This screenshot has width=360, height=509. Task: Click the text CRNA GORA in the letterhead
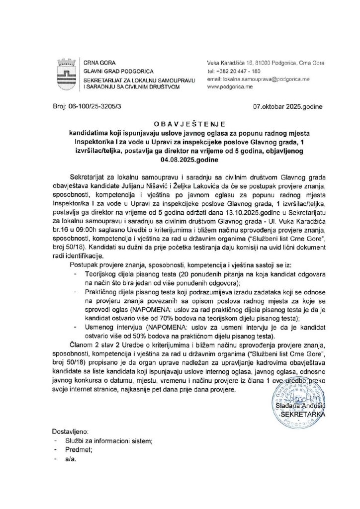click(98, 63)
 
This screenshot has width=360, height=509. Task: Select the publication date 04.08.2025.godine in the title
click(180, 161)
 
